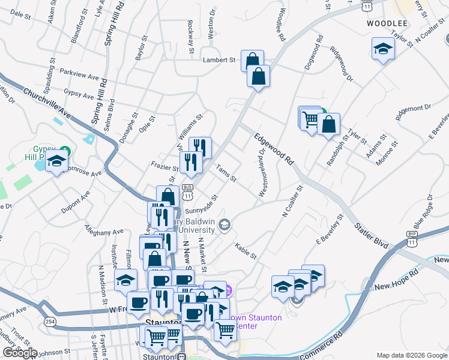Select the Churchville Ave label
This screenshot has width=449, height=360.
[47, 103]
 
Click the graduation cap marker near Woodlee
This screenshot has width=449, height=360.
[382, 49]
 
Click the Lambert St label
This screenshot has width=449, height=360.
[218, 60]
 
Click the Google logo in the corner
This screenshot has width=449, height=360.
[20, 353]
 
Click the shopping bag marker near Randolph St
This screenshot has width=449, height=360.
[329, 125]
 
